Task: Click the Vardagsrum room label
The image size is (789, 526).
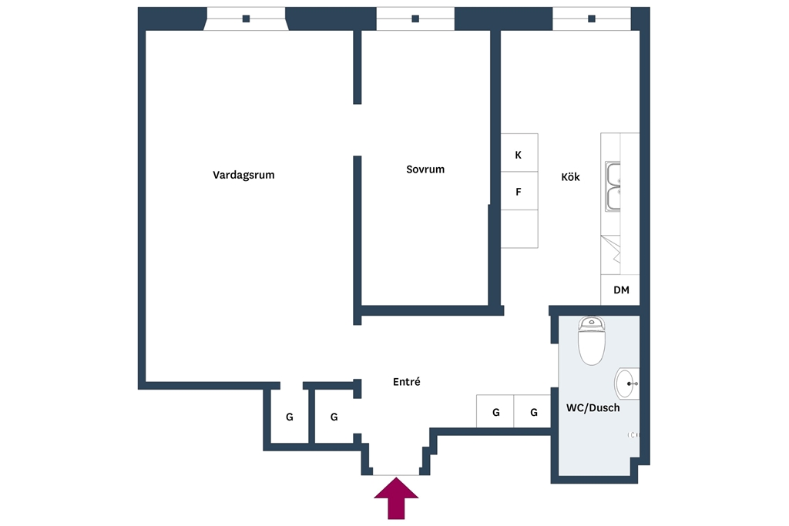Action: pos(243,175)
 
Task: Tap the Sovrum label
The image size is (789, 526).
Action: pos(425,169)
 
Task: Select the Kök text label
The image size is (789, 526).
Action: pos(570,176)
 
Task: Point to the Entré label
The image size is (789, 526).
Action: pos(407,382)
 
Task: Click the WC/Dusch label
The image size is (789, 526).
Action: pos(593,408)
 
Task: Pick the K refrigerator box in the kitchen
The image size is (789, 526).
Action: pos(519,153)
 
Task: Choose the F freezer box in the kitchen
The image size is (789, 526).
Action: pos(519,191)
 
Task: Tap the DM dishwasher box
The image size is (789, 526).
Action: pos(620,290)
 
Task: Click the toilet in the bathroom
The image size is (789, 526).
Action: pos(591,340)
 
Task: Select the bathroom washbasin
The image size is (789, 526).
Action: pos(627,384)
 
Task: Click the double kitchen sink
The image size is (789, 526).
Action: pos(613,186)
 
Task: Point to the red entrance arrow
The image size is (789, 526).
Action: pos(396,498)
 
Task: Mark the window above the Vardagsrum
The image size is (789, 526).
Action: pos(246,18)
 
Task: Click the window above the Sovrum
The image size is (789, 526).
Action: pos(415,18)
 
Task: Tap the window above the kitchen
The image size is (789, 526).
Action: pos(592,18)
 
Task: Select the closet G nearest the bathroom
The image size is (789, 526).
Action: pos(532,411)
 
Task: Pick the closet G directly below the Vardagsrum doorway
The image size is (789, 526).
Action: pos(290,417)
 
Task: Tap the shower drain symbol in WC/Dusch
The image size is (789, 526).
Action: pos(633,435)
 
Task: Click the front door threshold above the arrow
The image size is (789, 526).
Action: pos(396,474)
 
